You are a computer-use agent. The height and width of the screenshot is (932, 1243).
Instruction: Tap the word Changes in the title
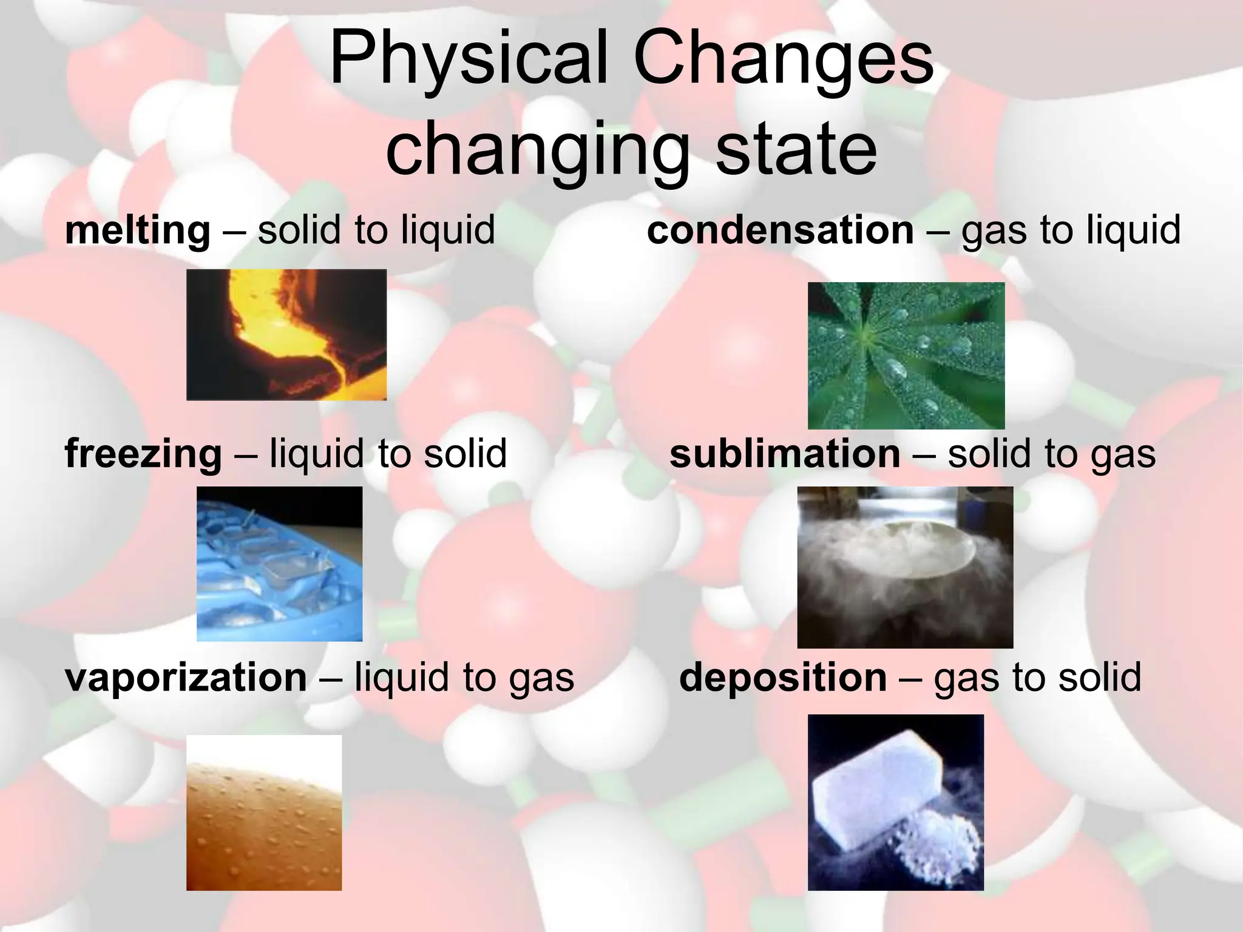(783, 59)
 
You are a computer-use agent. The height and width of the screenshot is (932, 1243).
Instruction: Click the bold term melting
(138, 231)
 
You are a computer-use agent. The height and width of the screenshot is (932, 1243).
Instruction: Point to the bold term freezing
(143, 454)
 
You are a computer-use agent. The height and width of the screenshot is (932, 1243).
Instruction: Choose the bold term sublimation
(785, 454)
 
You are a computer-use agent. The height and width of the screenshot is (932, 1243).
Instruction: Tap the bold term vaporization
(186, 677)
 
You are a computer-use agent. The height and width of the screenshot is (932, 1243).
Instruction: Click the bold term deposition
(783, 677)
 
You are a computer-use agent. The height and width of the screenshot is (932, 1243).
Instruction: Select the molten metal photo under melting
(286, 334)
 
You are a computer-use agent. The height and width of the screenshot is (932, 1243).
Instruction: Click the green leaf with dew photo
(906, 356)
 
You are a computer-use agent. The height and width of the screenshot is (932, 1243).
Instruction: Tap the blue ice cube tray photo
(279, 564)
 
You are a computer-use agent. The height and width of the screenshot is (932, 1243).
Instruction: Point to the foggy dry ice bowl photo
(905, 567)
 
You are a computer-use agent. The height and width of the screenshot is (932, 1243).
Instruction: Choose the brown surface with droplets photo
(264, 812)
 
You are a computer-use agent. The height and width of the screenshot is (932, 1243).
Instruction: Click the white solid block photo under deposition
(895, 802)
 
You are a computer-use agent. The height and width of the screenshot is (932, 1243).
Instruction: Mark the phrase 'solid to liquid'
(376, 231)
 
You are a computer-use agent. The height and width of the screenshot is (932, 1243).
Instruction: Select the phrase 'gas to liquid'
(1071, 231)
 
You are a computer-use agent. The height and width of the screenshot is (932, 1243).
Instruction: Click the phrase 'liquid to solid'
(388, 454)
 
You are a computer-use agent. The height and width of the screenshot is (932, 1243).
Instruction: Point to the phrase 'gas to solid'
(1037, 677)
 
